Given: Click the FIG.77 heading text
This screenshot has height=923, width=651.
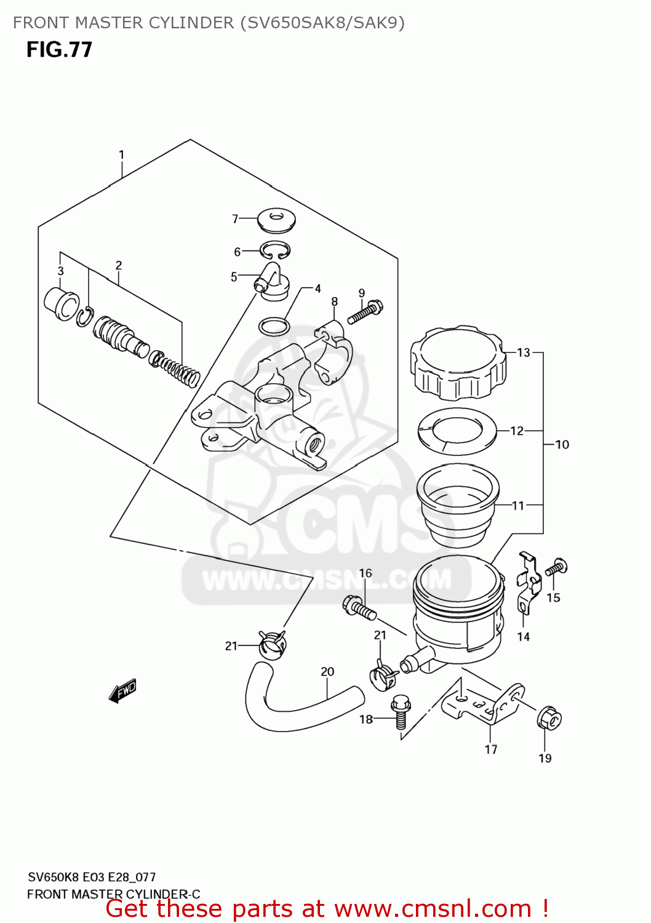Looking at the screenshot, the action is click(x=59, y=49).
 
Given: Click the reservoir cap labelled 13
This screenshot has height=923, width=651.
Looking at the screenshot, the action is click(x=458, y=364).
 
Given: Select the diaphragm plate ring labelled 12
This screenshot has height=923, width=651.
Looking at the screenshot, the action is click(x=457, y=431).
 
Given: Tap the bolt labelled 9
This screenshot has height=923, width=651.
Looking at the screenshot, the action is click(x=365, y=313).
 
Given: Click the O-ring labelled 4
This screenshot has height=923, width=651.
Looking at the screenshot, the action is click(x=274, y=326).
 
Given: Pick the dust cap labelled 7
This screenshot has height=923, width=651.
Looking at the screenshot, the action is click(x=276, y=220).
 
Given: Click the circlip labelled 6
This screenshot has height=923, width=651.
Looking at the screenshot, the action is click(x=274, y=250).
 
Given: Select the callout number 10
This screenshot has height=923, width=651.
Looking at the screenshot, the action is click(x=562, y=444).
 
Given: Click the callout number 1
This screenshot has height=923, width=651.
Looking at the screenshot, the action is click(x=121, y=154).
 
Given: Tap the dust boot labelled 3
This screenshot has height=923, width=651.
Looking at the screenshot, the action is click(x=62, y=303).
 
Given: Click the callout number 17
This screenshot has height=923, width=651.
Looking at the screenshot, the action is click(x=490, y=749).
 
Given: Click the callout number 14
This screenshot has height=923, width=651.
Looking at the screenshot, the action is click(x=523, y=636).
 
